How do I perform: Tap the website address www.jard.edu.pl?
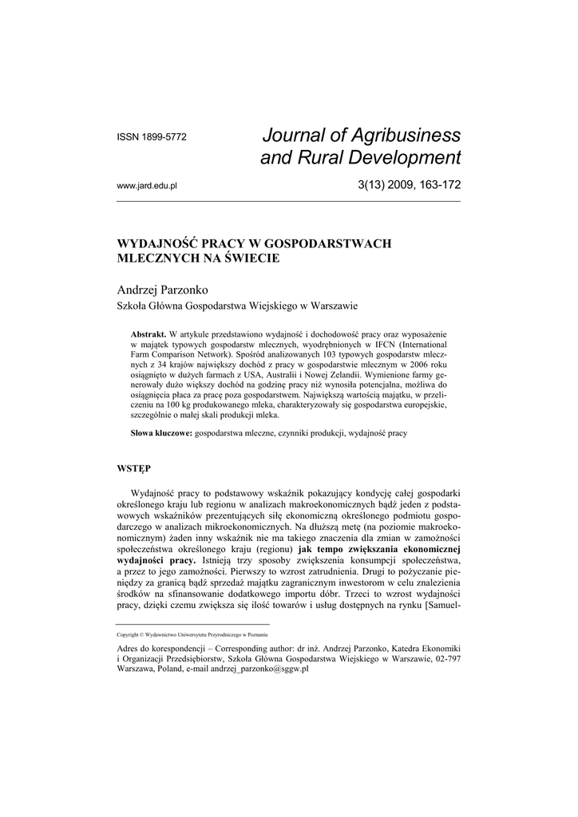(147, 185)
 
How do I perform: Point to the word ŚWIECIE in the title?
(250, 259)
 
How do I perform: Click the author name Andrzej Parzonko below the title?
(163, 288)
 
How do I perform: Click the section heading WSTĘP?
(134, 465)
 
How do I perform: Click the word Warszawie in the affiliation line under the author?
(332, 306)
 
